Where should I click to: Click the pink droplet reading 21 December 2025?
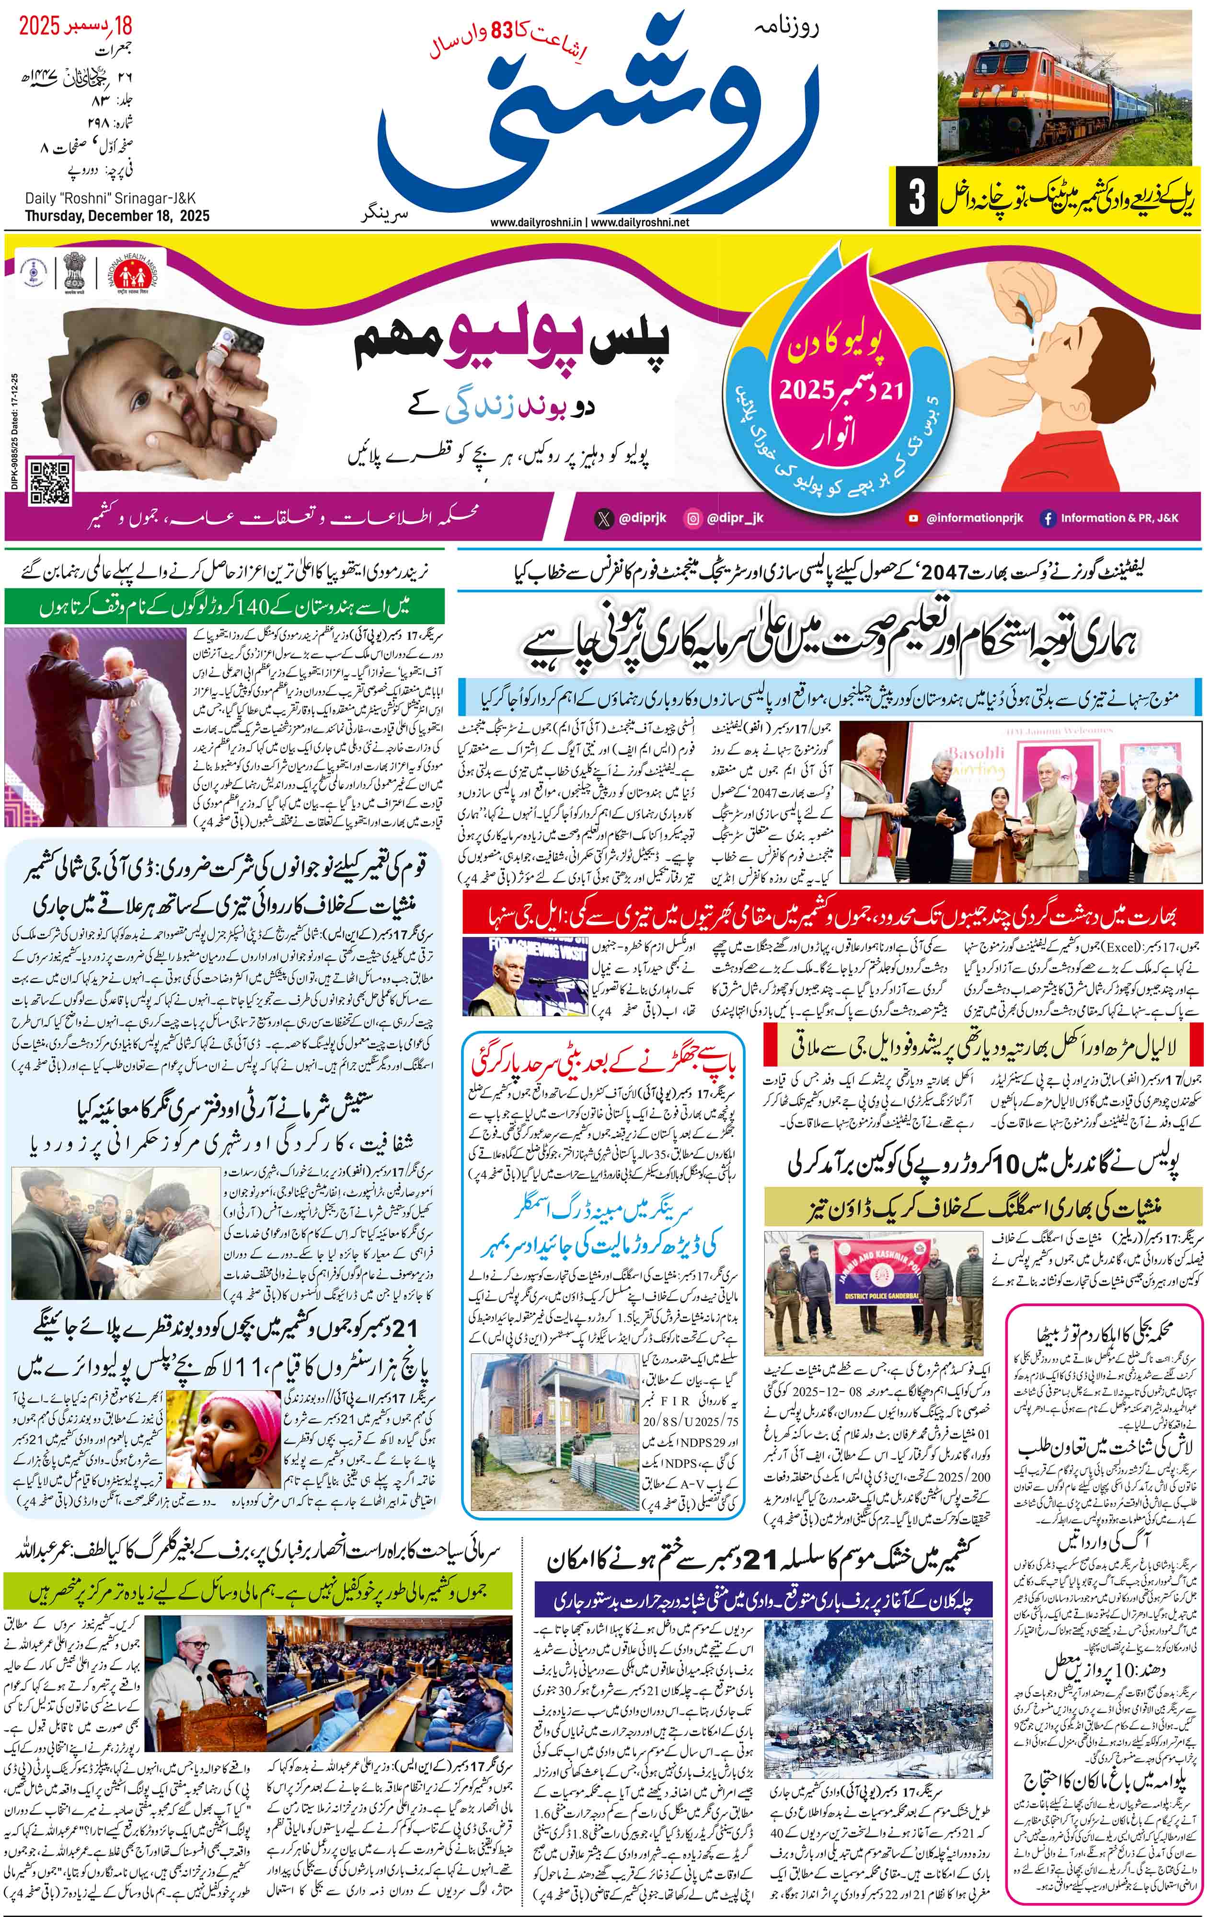coord(836,382)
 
